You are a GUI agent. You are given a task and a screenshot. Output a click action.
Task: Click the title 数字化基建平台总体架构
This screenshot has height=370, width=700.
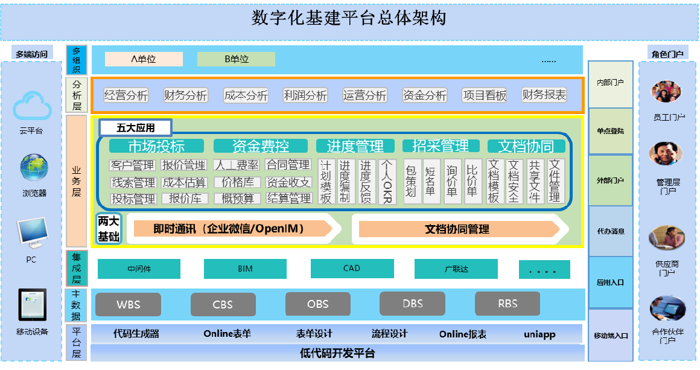coord(349,19)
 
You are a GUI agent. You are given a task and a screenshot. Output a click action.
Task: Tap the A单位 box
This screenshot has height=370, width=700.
coord(144,59)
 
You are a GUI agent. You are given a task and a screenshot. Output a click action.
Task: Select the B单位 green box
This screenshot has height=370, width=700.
coord(236,59)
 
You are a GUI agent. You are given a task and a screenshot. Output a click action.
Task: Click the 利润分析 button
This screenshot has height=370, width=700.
coord(305,95)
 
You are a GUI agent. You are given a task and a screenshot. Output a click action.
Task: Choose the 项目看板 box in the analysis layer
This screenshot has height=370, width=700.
coord(485,95)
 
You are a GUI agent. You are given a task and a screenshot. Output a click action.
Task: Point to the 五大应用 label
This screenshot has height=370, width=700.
coord(135,127)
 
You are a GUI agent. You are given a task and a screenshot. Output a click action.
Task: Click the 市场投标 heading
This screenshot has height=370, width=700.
coord(156,146)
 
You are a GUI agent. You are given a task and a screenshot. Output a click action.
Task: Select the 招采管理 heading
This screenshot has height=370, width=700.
coord(441,146)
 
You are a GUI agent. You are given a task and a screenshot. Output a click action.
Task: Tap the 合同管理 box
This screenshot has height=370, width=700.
coord(288,165)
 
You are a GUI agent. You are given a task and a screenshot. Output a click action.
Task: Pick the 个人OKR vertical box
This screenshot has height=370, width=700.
coord(387,182)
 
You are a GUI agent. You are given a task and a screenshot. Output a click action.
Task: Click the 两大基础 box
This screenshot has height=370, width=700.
coord(109,229)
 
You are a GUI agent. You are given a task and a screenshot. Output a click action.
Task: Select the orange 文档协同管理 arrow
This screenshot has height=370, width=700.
coord(457,229)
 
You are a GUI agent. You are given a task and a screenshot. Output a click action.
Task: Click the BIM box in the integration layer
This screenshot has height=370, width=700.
coord(245,269)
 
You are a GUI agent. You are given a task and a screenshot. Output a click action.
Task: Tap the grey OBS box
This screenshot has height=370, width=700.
coord(317,304)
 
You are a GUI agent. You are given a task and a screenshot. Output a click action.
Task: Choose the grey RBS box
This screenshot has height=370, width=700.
coord(507,304)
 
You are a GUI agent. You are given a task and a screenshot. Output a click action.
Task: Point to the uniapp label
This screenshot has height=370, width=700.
coord(539,334)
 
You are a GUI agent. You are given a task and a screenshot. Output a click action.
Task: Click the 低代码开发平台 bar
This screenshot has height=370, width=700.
coord(337,353)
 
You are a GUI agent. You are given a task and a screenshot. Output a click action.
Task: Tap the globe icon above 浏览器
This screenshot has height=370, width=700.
coord(33,168)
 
